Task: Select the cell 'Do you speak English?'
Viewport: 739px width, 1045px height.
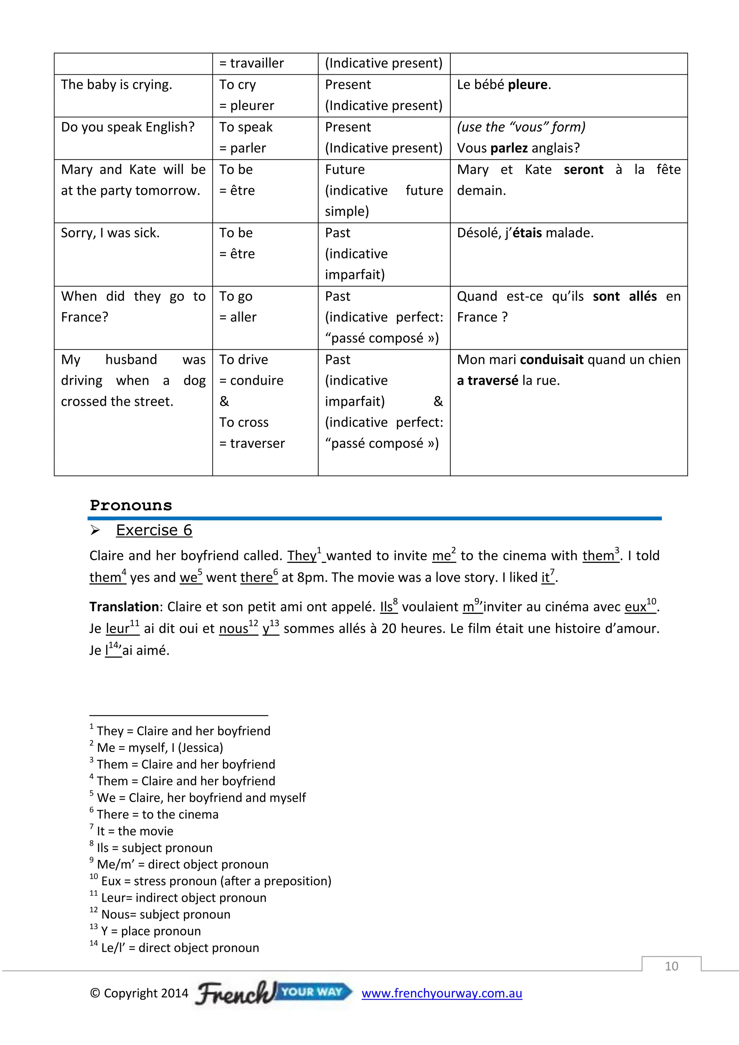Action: coord(127,127)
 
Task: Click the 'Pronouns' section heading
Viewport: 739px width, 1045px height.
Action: coord(131,505)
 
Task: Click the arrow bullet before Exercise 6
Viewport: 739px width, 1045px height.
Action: coord(95,530)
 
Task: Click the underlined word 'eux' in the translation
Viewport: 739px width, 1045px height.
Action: coord(635,607)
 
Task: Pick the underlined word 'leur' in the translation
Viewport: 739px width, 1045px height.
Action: coord(117,629)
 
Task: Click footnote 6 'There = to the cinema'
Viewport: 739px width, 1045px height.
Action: coord(157,814)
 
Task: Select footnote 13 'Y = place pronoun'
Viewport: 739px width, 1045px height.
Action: coord(150,931)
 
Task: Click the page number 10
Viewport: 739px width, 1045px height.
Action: coord(671,966)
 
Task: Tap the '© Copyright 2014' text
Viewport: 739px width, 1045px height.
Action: coord(139,993)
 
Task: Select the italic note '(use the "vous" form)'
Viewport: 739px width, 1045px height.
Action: coord(521,127)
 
